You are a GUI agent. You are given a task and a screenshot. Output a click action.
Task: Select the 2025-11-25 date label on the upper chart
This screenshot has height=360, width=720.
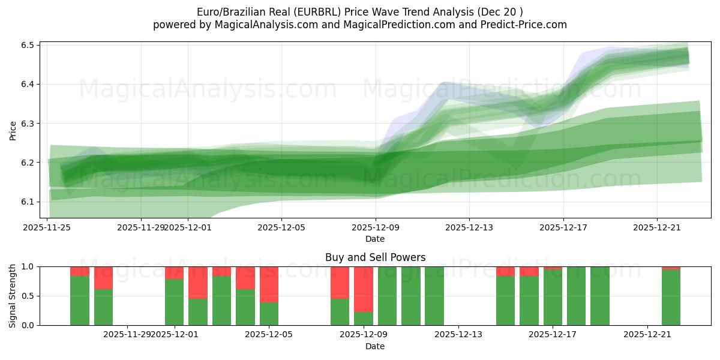(x=47, y=227)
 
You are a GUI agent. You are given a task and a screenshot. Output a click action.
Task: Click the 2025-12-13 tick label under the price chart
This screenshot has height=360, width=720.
(x=469, y=227)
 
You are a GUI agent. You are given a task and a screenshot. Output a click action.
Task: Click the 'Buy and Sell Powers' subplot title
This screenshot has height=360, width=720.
(x=375, y=257)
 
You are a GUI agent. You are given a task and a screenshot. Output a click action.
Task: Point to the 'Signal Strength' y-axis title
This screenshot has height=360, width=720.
(x=13, y=296)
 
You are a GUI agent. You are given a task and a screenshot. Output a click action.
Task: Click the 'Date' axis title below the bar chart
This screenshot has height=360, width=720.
(x=375, y=346)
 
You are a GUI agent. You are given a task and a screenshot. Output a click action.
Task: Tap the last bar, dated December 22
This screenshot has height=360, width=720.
(x=671, y=298)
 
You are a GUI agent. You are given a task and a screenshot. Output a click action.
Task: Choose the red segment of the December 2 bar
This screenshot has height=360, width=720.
(x=198, y=282)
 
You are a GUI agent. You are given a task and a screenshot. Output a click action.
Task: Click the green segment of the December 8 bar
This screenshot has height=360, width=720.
(x=340, y=311)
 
